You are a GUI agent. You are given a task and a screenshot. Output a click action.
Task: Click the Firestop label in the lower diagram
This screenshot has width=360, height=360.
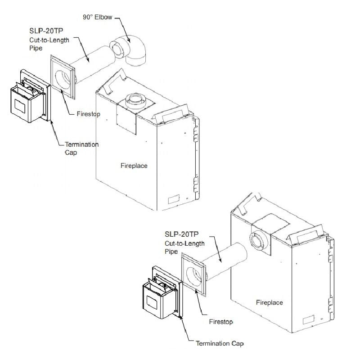220,322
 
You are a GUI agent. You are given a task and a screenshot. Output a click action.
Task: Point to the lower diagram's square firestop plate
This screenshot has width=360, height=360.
192,275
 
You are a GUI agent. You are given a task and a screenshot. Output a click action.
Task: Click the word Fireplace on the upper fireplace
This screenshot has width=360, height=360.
134,166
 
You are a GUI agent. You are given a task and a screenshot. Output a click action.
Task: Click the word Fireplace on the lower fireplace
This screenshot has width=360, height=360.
270,302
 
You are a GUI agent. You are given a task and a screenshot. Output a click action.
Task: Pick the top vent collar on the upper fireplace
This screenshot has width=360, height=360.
135,101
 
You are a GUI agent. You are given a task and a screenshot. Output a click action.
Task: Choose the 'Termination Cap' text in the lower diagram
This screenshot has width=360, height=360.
219,344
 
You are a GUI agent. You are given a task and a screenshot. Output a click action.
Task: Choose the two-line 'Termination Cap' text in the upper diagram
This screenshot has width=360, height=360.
81,148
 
